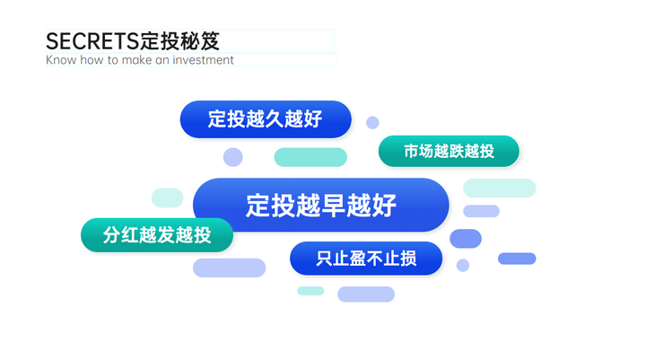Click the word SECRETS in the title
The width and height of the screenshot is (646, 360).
(92, 41)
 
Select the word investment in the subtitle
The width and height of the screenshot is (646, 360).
(203, 60)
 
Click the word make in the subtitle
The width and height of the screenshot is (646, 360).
(136, 60)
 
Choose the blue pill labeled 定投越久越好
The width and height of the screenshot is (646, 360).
(266, 119)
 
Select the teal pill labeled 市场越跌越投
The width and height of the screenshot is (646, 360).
(449, 152)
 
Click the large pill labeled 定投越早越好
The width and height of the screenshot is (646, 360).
(321, 205)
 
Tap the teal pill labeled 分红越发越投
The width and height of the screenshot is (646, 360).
(157, 235)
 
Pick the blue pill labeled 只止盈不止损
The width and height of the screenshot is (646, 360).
(366, 259)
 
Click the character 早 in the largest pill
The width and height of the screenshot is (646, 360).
(333, 206)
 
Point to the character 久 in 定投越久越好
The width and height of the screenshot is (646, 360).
(275, 119)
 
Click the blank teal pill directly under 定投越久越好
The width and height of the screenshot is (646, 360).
(310, 157)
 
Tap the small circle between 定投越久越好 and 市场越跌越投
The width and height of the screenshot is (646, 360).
(372, 122)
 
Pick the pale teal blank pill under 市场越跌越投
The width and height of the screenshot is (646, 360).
(500, 188)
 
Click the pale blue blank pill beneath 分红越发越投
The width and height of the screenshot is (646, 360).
(229, 268)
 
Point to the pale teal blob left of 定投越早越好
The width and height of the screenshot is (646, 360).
(167, 198)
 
